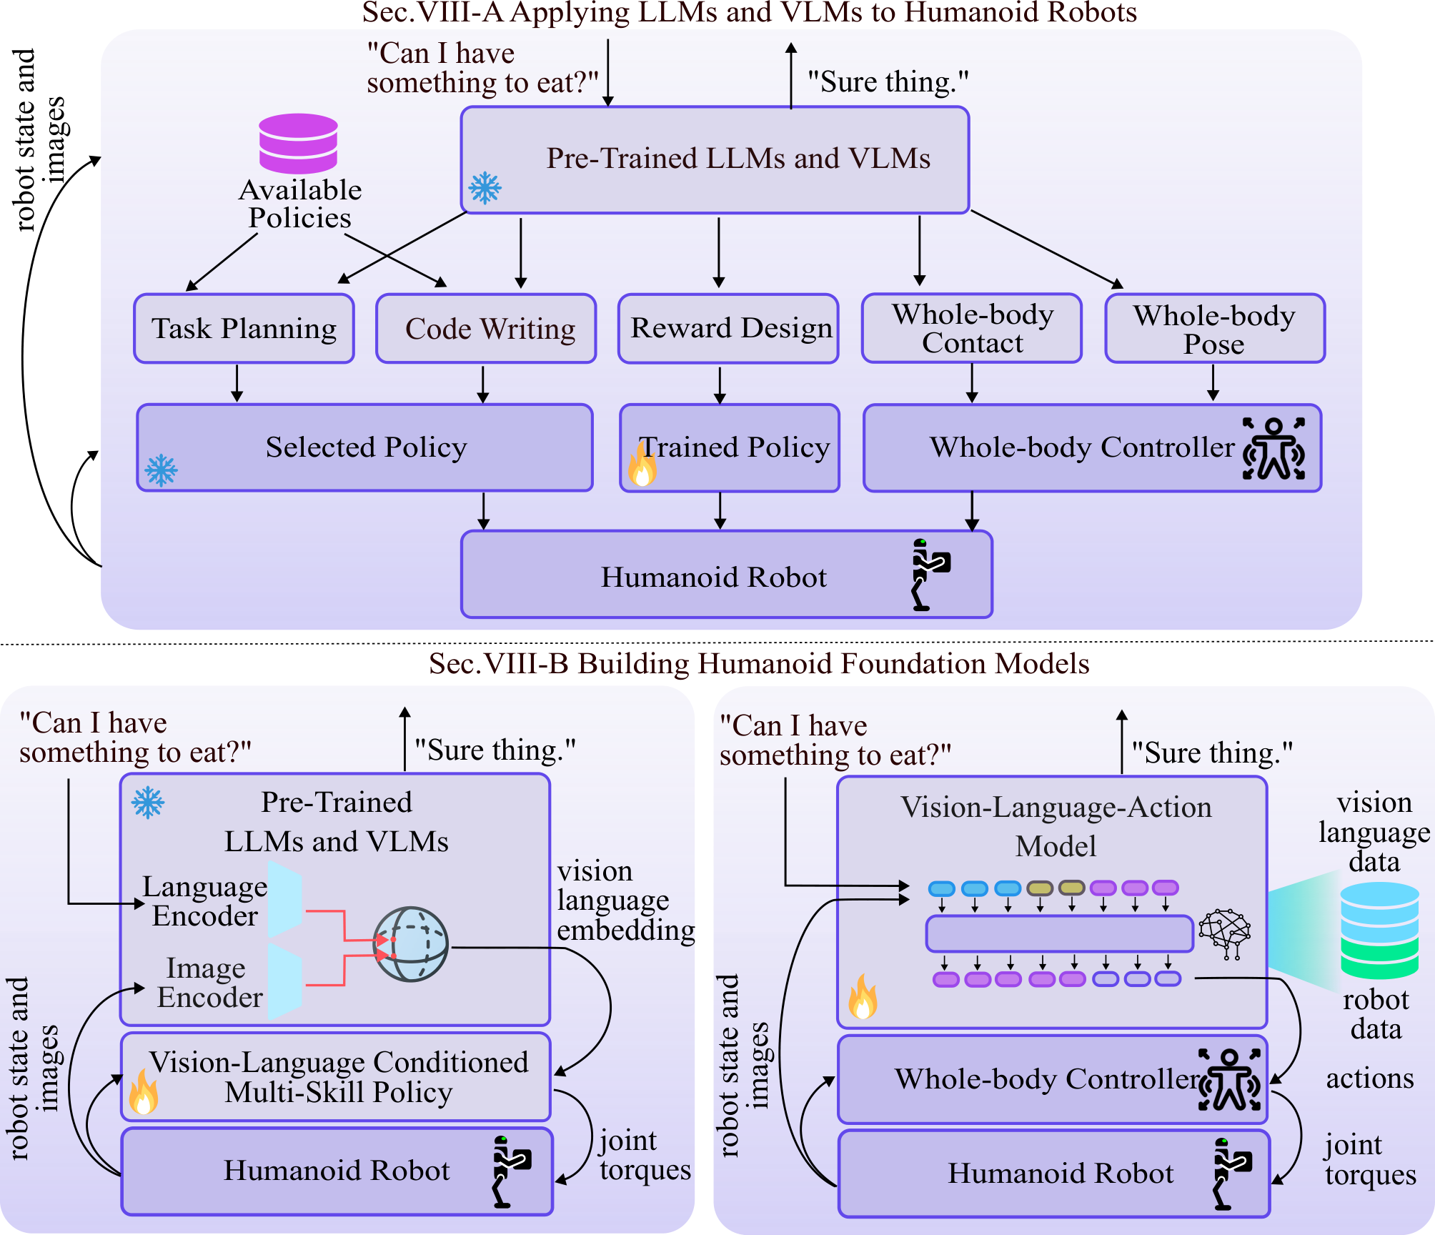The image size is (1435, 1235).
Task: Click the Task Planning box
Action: pos(244,329)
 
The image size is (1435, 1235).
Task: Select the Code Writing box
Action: pos(486,329)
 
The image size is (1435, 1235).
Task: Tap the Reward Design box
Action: pos(728,329)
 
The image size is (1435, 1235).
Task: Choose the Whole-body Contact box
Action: pos(972,328)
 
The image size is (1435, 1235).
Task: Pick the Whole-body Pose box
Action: pos(1215,328)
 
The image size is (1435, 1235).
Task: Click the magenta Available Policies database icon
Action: pos(298,143)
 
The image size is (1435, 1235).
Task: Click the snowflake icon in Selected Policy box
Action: pos(161,470)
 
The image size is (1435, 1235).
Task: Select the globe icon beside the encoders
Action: pos(411,944)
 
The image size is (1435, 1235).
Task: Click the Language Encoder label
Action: pos(205,901)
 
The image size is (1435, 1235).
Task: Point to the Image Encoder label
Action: pos(209,982)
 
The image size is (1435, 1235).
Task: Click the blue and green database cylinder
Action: pos(1379,931)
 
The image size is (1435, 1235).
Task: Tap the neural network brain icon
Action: pos(1225,933)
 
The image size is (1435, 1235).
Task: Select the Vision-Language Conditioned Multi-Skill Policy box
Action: pos(336,1076)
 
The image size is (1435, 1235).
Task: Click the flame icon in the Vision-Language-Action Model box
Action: pos(863,996)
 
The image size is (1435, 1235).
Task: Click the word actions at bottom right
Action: pos(1370,1078)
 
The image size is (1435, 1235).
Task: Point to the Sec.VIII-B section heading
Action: pos(759,664)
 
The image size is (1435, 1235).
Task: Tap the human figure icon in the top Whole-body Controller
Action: pos(1273,448)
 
